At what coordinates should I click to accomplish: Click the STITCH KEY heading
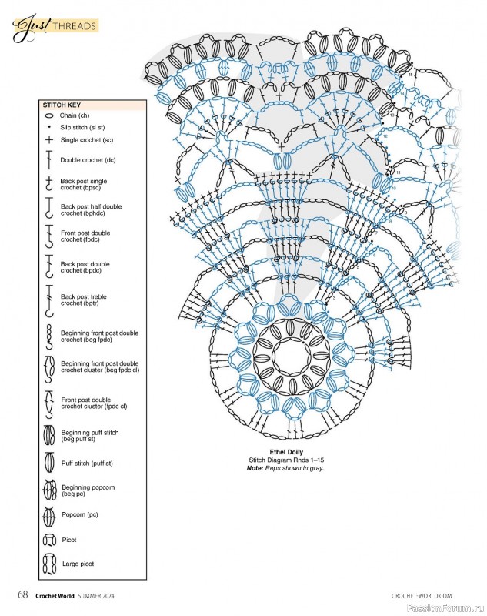[x=62, y=105]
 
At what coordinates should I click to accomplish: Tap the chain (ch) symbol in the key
[x=48, y=115]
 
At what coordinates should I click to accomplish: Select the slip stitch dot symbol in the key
[x=48, y=127]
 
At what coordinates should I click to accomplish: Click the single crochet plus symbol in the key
[x=48, y=140]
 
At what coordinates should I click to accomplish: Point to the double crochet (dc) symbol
[x=48, y=160]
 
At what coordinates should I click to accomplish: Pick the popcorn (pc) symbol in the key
[x=48, y=514]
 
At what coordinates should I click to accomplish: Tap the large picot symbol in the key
[x=48, y=564]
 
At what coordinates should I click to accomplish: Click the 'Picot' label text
[x=69, y=540]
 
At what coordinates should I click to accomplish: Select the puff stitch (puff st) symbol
[x=48, y=464]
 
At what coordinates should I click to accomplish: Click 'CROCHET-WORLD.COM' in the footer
[x=422, y=596]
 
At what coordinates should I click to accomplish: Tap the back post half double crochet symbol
[x=48, y=210]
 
